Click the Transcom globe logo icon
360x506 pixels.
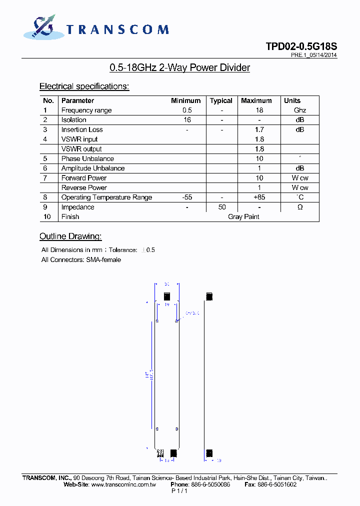click(40, 28)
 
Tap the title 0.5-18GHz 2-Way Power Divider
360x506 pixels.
click(179, 67)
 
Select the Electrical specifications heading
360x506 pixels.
click(84, 86)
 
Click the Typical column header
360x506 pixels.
click(221, 100)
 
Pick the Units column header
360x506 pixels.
click(292, 100)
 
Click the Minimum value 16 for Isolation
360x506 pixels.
click(187, 120)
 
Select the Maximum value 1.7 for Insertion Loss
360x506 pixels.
click(259, 129)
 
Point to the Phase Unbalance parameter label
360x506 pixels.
click(87, 158)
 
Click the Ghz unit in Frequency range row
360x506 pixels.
click(300, 110)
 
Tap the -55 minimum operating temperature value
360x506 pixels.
click(187, 197)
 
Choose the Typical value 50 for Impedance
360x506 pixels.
click(222, 207)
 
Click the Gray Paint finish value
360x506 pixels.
click(243, 216)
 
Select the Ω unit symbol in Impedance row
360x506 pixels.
click(300, 207)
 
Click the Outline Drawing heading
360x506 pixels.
click(70, 236)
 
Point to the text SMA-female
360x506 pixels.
click(103, 260)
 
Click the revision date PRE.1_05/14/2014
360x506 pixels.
click(313, 55)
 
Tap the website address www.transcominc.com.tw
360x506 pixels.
click(123, 484)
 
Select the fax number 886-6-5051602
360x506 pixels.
click(277, 484)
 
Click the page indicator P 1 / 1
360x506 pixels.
click(179, 491)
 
